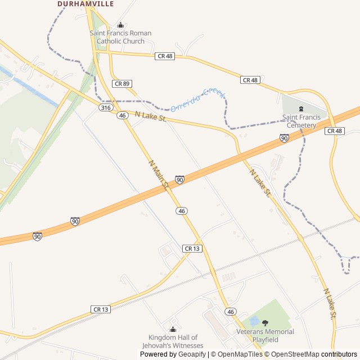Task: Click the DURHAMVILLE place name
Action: click(x=85, y=4)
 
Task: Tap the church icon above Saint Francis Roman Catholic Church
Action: click(x=120, y=25)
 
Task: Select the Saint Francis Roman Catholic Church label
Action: click(x=120, y=37)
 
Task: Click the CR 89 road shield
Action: click(x=121, y=83)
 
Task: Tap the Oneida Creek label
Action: click(x=197, y=99)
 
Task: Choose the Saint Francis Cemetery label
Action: click(x=301, y=121)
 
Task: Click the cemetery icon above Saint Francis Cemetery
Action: click(x=301, y=109)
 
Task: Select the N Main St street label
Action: click(x=159, y=174)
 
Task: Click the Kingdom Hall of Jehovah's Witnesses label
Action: click(x=173, y=341)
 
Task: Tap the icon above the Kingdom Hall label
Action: click(x=173, y=329)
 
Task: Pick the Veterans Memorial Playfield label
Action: click(x=265, y=335)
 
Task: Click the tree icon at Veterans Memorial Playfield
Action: click(x=265, y=323)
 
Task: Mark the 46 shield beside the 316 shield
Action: click(x=122, y=115)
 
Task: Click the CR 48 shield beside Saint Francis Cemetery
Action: click(x=334, y=130)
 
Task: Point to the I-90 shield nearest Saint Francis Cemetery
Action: click(x=284, y=138)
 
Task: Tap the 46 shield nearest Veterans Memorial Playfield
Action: click(x=230, y=311)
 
